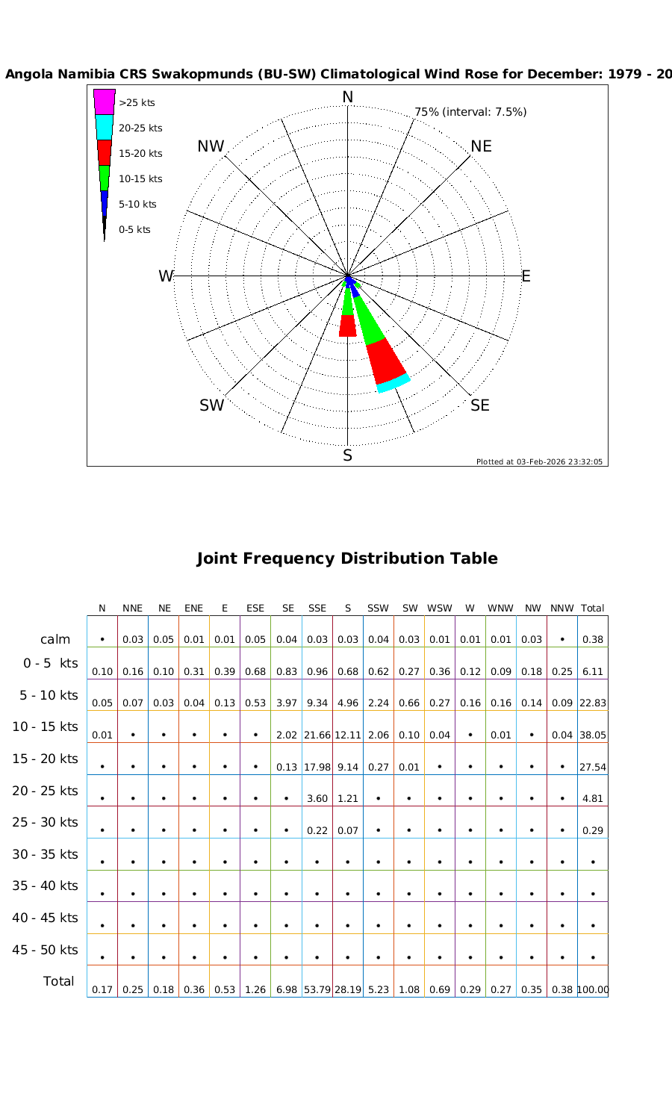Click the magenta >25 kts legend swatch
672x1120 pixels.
point(105,102)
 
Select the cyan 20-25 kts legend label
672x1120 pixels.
point(140,128)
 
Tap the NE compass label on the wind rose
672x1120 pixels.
point(482,146)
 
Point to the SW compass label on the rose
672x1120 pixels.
point(211,405)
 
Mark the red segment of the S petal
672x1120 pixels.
point(347,326)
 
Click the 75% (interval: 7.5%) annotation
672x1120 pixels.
point(470,112)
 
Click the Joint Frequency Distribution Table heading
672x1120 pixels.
point(346,559)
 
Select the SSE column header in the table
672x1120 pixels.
point(317,609)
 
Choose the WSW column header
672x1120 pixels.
point(440,609)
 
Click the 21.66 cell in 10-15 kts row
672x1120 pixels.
point(317,735)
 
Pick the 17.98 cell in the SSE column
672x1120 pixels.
point(317,767)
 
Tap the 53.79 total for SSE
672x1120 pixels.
point(317,990)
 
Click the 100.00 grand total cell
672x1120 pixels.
point(593,990)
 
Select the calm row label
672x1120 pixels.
point(55,639)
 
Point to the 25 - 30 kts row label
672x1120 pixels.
point(45,822)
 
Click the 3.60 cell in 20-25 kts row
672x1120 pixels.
point(317,799)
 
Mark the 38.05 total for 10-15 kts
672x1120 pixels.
point(593,735)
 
